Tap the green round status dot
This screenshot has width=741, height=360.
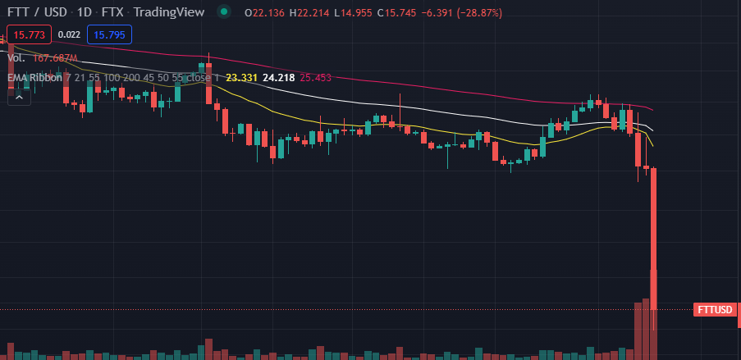tap(223, 13)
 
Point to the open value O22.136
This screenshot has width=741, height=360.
tap(272, 13)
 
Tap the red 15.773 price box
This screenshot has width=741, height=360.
tap(30, 34)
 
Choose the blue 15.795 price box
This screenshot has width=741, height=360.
tap(109, 34)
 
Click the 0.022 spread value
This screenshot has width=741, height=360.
tap(70, 34)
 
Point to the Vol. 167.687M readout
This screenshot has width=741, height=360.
tap(42, 58)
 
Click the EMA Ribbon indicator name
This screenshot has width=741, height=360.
tap(34, 78)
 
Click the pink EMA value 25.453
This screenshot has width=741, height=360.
tap(315, 78)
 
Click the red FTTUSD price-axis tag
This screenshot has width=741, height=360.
tap(715, 310)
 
